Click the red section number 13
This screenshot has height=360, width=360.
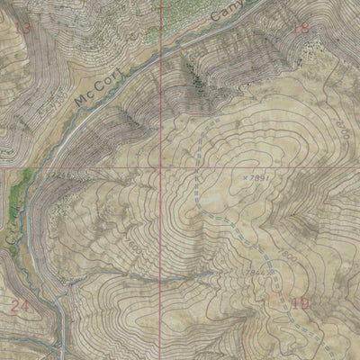[x=23, y=29]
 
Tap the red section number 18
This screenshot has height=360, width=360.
[x=301, y=28]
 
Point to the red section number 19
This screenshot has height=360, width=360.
[x=301, y=303]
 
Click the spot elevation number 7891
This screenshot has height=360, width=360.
[x=259, y=178]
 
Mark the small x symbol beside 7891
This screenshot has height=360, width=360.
[x=244, y=178]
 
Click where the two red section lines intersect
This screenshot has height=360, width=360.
[x=162, y=167]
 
